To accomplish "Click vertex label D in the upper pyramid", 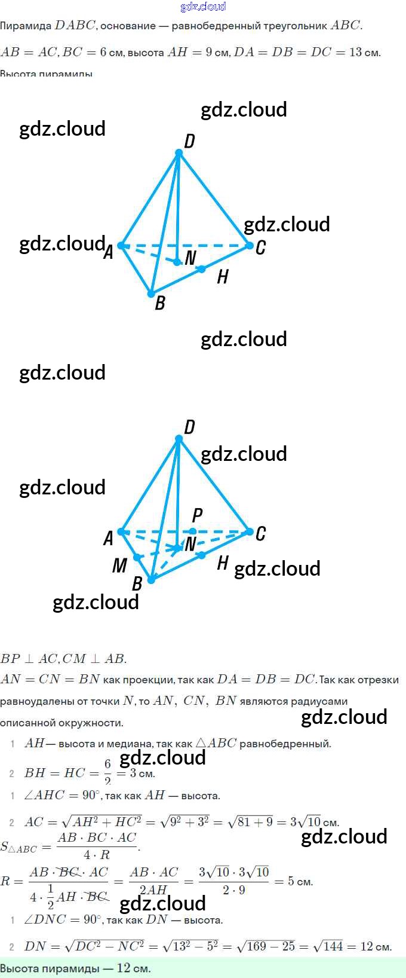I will pos(189,141).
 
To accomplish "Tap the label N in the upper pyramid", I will pos(190,258).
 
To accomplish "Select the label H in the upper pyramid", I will pos(223,277).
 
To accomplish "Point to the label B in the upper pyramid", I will pos(160,303).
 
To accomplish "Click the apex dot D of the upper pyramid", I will pos(179,153).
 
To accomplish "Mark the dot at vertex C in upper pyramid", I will pos(250,245).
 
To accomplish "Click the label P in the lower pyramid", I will pos(198,515).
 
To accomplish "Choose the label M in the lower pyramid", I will pos(119,565).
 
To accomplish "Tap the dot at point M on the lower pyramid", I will pos(137,557).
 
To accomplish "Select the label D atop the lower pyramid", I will pos(189,427).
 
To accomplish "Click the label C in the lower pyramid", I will pos(260,533).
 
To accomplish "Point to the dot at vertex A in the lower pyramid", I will pos(121,531).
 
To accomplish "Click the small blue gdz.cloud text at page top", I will pos(203,7).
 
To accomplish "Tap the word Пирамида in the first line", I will pos(26,26).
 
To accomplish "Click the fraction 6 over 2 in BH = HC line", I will pos(107,772).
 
